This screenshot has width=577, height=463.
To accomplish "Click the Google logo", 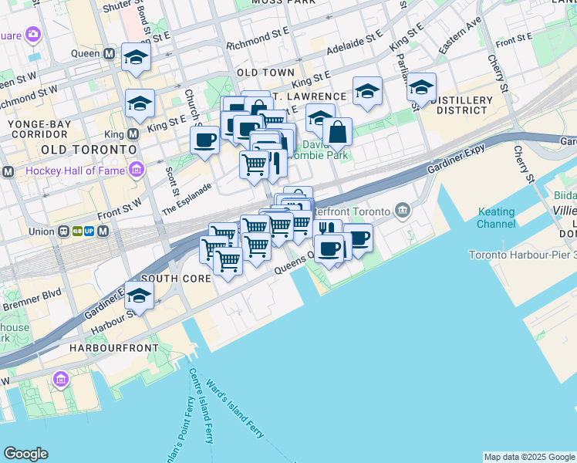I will click(x=26, y=454).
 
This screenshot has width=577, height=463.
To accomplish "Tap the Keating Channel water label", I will click(x=496, y=218).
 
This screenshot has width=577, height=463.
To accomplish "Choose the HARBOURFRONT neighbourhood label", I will click(x=114, y=348).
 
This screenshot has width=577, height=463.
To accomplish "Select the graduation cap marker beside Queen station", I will click(x=137, y=58).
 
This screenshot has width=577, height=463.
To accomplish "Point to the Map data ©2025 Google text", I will click(x=529, y=457).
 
